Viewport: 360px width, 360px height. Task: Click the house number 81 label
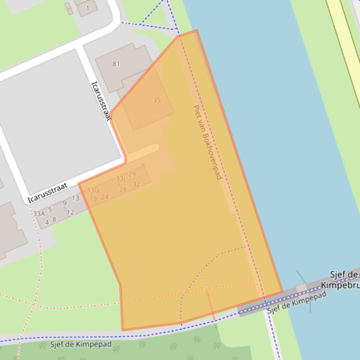coord(116,64)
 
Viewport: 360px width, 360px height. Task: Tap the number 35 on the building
coord(157,100)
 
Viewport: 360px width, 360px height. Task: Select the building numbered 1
coord(87,8)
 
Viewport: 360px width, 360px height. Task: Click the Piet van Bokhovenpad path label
coord(207,142)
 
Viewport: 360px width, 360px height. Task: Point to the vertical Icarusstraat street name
coord(101,101)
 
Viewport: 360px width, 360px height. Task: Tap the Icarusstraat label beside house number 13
coord(47,193)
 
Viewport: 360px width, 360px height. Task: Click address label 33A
coord(39,214)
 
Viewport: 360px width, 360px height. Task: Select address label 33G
coord(93,190)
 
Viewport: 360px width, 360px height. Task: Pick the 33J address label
coord(120,179)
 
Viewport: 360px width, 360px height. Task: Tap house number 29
coord(132,174)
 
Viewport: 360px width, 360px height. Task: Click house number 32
coord(136,184)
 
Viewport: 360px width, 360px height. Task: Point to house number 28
coord(123,190)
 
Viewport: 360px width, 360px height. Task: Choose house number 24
coord(104,197)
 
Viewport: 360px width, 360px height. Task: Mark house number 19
coord(93,199)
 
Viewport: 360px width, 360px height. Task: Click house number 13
coord(75,198)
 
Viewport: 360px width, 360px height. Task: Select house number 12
coord(70,212)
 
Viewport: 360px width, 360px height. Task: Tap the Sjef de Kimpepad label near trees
coord(81,345)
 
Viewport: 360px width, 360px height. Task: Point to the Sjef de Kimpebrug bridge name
coord(340,280)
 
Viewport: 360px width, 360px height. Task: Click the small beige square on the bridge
coord(301,288)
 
